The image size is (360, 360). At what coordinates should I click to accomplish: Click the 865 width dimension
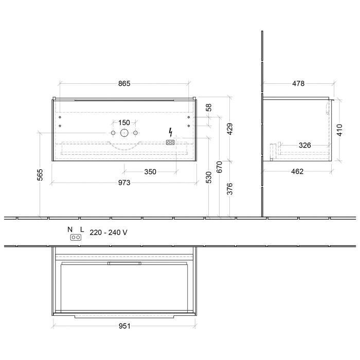click(124, 83)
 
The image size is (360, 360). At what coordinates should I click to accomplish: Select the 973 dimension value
click(124, 183)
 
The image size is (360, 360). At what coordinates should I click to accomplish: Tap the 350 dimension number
click(150, 172)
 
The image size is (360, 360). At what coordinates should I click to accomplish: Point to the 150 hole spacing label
click(124, 122)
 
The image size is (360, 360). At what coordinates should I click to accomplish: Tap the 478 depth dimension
click(298, 83)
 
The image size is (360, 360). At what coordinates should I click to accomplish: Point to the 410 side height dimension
click(339, 130)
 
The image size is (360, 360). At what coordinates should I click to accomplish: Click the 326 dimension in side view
click(305, 146)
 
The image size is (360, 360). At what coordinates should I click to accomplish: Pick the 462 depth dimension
click(297, 171)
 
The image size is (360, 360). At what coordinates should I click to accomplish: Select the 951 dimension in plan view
click(124, 326)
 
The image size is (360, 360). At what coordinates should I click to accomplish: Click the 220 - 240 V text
click(109, 232)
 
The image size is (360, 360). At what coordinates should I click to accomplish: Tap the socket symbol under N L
click(76, 238)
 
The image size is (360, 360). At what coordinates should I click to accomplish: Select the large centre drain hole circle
click(124, 133)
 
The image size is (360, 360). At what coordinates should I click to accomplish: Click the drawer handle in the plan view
click(124, 263)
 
